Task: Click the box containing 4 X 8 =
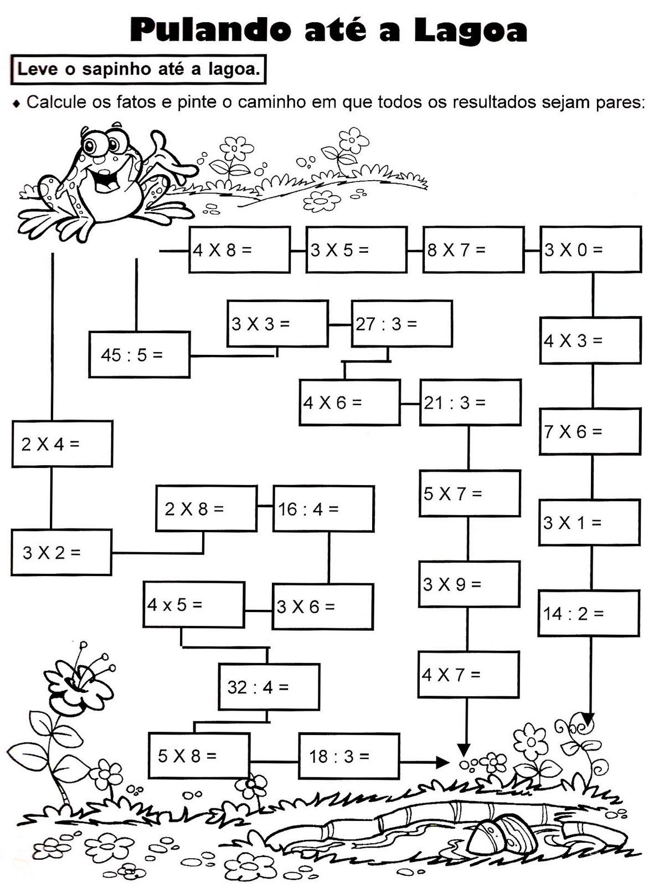(x=239, y=250)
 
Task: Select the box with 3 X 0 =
(x=590, y=249)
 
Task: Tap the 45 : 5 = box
(x=139, y=355)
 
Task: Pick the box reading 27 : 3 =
(x=402, y=324)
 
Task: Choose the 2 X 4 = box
(x=62, y=443)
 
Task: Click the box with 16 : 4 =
(x=323, y=509)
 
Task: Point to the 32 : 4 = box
(x=269, y=687)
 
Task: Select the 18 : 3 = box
(x=349, y=756)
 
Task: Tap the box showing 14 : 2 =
(x=588, y=613)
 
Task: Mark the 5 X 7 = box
(x=469, y=493)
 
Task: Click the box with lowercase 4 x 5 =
(x=193, y=604)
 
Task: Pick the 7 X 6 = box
(x=590, y=431)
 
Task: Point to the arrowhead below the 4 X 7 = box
(x=464, y=750)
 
